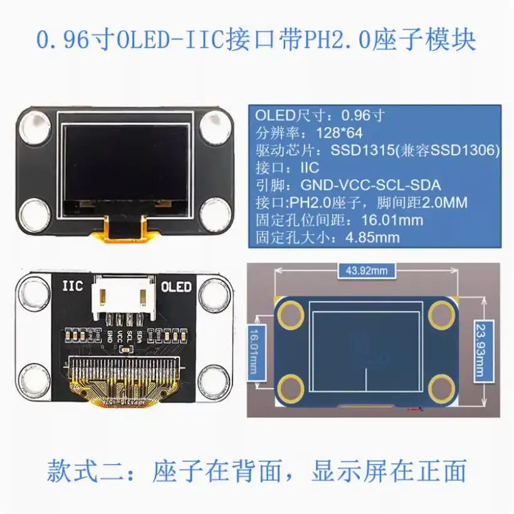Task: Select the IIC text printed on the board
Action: [x=72, y=286]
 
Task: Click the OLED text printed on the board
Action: [x=176, y=287]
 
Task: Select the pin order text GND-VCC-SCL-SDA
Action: [x=370, y=186]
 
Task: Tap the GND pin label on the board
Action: [x=110, y=337]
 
